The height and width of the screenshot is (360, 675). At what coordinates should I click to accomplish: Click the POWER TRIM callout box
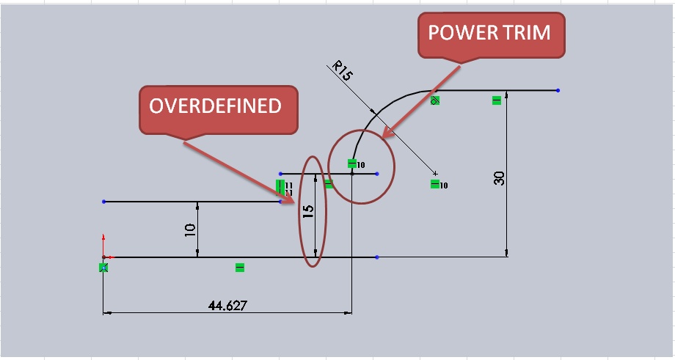tap(491, 35)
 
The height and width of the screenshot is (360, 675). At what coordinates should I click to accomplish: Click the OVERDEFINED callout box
tap(218, 110)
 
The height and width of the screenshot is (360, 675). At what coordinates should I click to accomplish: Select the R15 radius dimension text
tap(342, 71)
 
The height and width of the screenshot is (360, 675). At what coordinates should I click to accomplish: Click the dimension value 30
tap(499, 178)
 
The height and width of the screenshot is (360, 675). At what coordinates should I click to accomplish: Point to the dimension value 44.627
tap(227, 305)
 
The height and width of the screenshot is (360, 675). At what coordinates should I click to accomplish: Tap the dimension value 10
tap(190, 230)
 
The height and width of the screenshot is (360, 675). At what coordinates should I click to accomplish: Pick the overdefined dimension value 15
tap(308, 210)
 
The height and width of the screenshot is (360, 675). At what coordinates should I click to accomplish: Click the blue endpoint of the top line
tap(558, 90)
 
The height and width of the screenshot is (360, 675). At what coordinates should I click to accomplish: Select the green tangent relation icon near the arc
tap(435, 100)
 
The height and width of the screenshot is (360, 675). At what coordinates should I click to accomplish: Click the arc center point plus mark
tap(436, 173)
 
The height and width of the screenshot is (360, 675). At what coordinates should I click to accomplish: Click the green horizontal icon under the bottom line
tap(240, 268)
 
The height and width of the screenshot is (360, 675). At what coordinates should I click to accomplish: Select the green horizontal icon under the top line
tap(497, 100)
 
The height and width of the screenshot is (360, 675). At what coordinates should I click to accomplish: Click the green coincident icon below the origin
tap(103, 268)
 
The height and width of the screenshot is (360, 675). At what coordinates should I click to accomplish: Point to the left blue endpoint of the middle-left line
tap(103, 202)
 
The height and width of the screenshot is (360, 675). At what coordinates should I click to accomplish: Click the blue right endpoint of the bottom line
tap(377, 257)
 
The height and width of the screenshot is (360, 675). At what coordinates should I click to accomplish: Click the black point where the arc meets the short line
tap(352, 174)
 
